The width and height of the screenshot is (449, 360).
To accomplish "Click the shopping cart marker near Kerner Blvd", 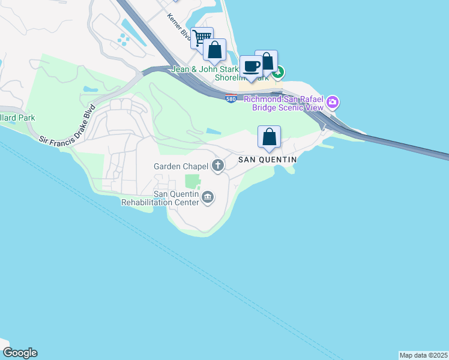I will coord(202,38).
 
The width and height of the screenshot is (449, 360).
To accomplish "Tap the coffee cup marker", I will coord(251,66).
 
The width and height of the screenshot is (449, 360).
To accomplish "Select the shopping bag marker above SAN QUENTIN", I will coord(270,136).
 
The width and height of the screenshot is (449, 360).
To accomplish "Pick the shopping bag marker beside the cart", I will coord(214,49).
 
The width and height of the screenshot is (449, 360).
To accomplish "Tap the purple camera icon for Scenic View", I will coord(332,103).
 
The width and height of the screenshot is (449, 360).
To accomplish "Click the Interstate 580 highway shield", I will coord(231,98).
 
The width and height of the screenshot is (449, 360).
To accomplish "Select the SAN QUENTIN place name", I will coord(268,160).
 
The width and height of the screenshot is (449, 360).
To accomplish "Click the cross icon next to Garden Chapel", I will coord(217,166).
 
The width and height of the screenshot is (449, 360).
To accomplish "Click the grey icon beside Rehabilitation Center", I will coord(208,197).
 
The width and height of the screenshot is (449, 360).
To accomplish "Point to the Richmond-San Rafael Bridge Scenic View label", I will coord(283,103).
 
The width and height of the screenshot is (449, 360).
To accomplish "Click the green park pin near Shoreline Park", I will coord(278,73).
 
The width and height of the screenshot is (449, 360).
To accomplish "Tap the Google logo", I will coord(20,353).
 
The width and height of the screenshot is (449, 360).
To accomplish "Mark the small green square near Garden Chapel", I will coord(192,181).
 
